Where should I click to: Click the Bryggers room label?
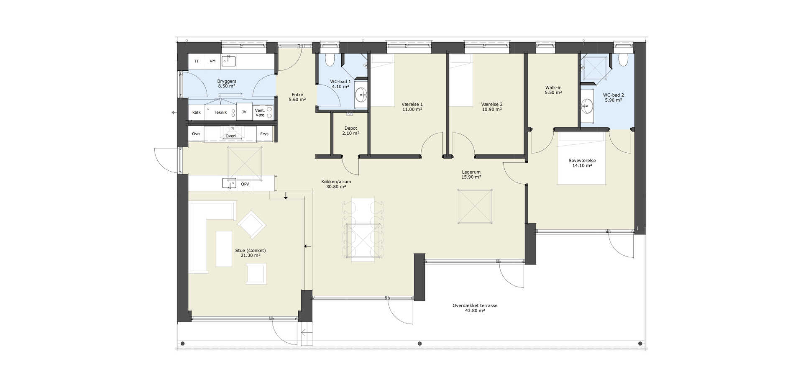pos(227,81)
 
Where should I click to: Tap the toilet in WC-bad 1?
pos(330,59)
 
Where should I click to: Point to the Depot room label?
pos(350,128)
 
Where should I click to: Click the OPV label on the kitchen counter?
pos(245,184)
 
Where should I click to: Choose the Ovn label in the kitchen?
pos(196,134)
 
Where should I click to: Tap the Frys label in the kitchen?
pos(264,134)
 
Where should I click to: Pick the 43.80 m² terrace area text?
pos(475,311)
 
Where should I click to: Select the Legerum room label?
pos(471,172)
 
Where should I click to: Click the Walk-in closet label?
pos(553,88)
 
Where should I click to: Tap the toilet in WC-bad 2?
pos(623,60)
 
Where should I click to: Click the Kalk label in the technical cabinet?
pos(197,112)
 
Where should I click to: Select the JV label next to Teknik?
pos(244,112)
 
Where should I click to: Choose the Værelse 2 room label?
pos(492,104)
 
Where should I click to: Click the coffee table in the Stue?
pos(224,249)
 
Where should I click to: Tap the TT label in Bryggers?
pos(197,61)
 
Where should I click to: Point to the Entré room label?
pos(297,95)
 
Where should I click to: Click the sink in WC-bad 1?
pos(360,95)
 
